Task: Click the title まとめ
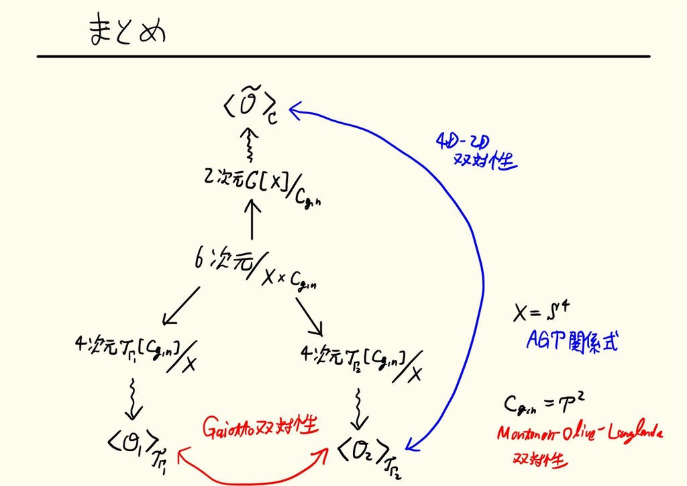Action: (126, 32)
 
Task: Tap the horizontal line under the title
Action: (343, 56)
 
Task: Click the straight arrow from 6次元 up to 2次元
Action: (253, 220)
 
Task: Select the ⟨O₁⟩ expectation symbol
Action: (134, 443)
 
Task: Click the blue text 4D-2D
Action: (463, 142)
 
